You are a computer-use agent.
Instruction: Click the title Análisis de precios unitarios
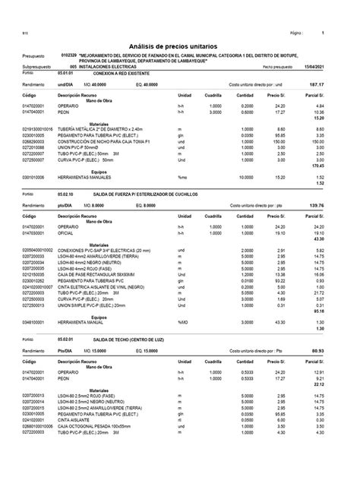pos(179,47)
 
